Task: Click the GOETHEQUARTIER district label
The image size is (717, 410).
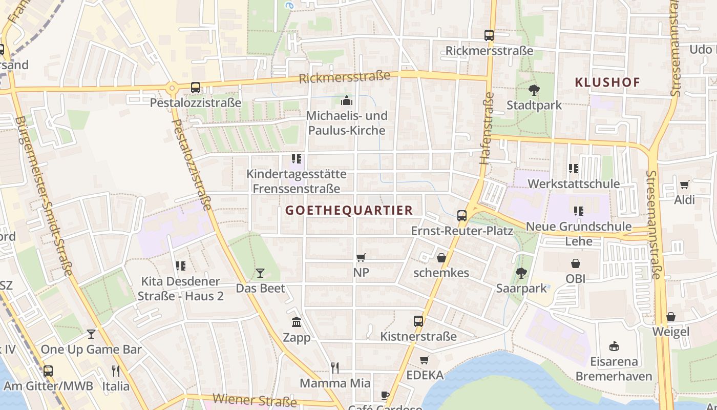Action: coord(349,210)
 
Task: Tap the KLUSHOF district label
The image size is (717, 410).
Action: coord(607,82)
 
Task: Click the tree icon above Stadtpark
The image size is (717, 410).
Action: coord(534,91)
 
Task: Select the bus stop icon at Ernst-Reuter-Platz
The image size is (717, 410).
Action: coord(462,216)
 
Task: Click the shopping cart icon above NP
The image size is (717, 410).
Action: coord(361,257)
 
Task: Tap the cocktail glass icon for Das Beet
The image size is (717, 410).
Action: coord(260,273)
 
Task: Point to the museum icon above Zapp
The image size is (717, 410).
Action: coord(297,322)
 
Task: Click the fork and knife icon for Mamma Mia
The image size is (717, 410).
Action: coord(335,367)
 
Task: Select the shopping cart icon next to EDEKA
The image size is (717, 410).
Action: coord(424,360)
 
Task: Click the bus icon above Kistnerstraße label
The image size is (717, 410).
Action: coord(418,321)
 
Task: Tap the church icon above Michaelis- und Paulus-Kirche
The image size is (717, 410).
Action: coord(347,100)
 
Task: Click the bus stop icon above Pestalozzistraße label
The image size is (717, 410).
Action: coord(196,88)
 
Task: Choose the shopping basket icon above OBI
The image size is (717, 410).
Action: coord(576,263)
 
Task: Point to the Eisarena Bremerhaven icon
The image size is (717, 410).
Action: coord(614,346)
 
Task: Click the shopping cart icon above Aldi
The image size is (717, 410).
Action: coord(684,184)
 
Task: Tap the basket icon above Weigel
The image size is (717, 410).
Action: coord(671,317)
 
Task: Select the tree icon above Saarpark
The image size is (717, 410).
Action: coord(521,273)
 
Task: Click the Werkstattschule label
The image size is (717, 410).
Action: coord(574,183)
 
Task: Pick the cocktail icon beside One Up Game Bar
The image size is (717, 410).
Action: coord(91,334)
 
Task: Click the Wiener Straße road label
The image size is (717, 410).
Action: coord(255,399)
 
